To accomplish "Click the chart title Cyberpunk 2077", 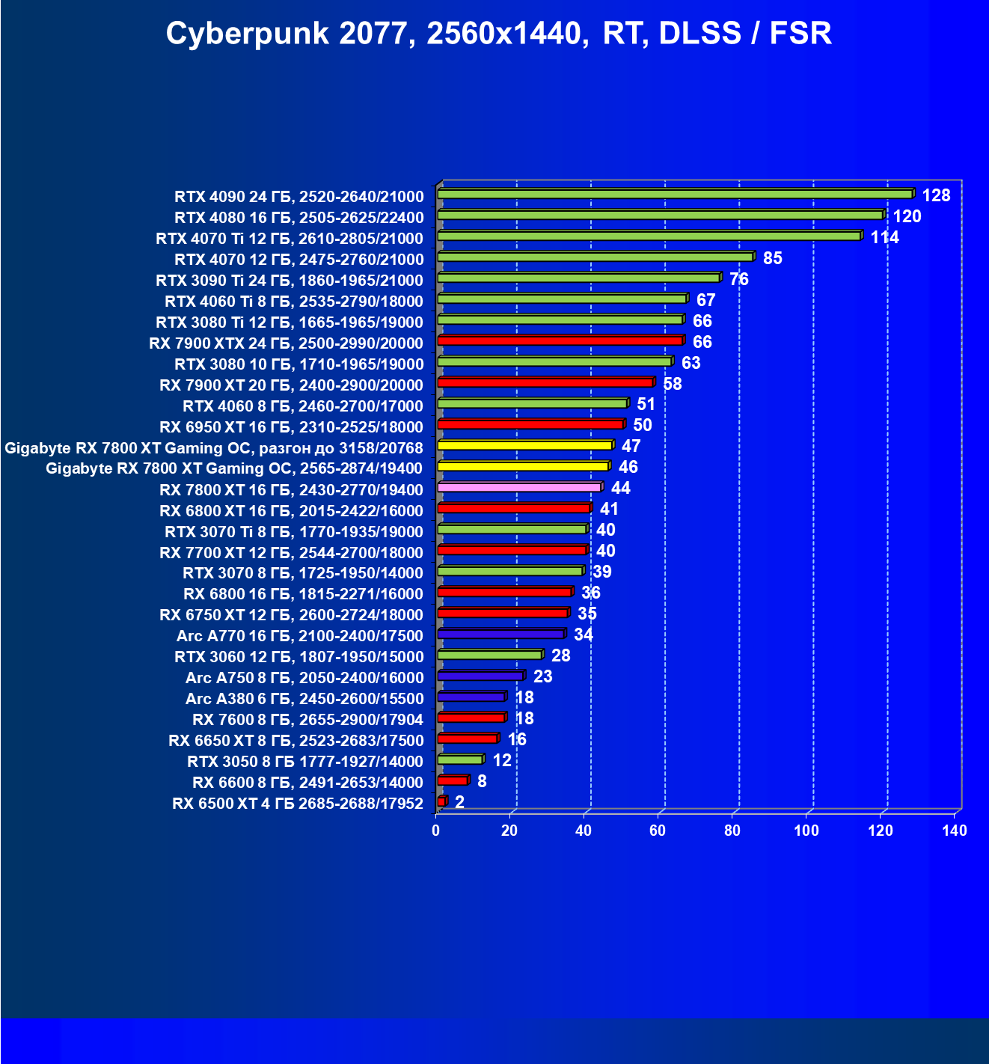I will click(x=498, y=34).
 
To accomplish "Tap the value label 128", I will click(x=936, y=195).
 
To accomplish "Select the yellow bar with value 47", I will click(x=524, y=445).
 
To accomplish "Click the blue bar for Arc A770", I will click(x=500, y=634).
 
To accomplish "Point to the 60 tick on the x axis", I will click(x=658, y=831).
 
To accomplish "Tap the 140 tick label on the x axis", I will click(x=955, y=831).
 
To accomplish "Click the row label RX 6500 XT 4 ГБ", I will click(x=298, y=804).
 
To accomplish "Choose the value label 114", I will click(x=884, y=237).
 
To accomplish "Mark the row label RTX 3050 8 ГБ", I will click(x=305, y=762).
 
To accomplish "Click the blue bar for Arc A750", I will click(x=480, y=676).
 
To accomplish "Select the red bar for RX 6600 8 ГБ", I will click(x=453, y=780).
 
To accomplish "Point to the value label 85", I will click(x=772, y=258).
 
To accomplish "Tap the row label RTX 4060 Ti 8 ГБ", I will click(x=294, y=302).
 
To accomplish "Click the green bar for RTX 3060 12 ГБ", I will click(x=489, y=655).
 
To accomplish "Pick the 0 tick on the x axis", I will click(x=436, y=831).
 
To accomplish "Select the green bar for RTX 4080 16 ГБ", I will click(x=660, y=215).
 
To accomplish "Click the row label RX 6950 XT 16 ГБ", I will click(x=291, y=427).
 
